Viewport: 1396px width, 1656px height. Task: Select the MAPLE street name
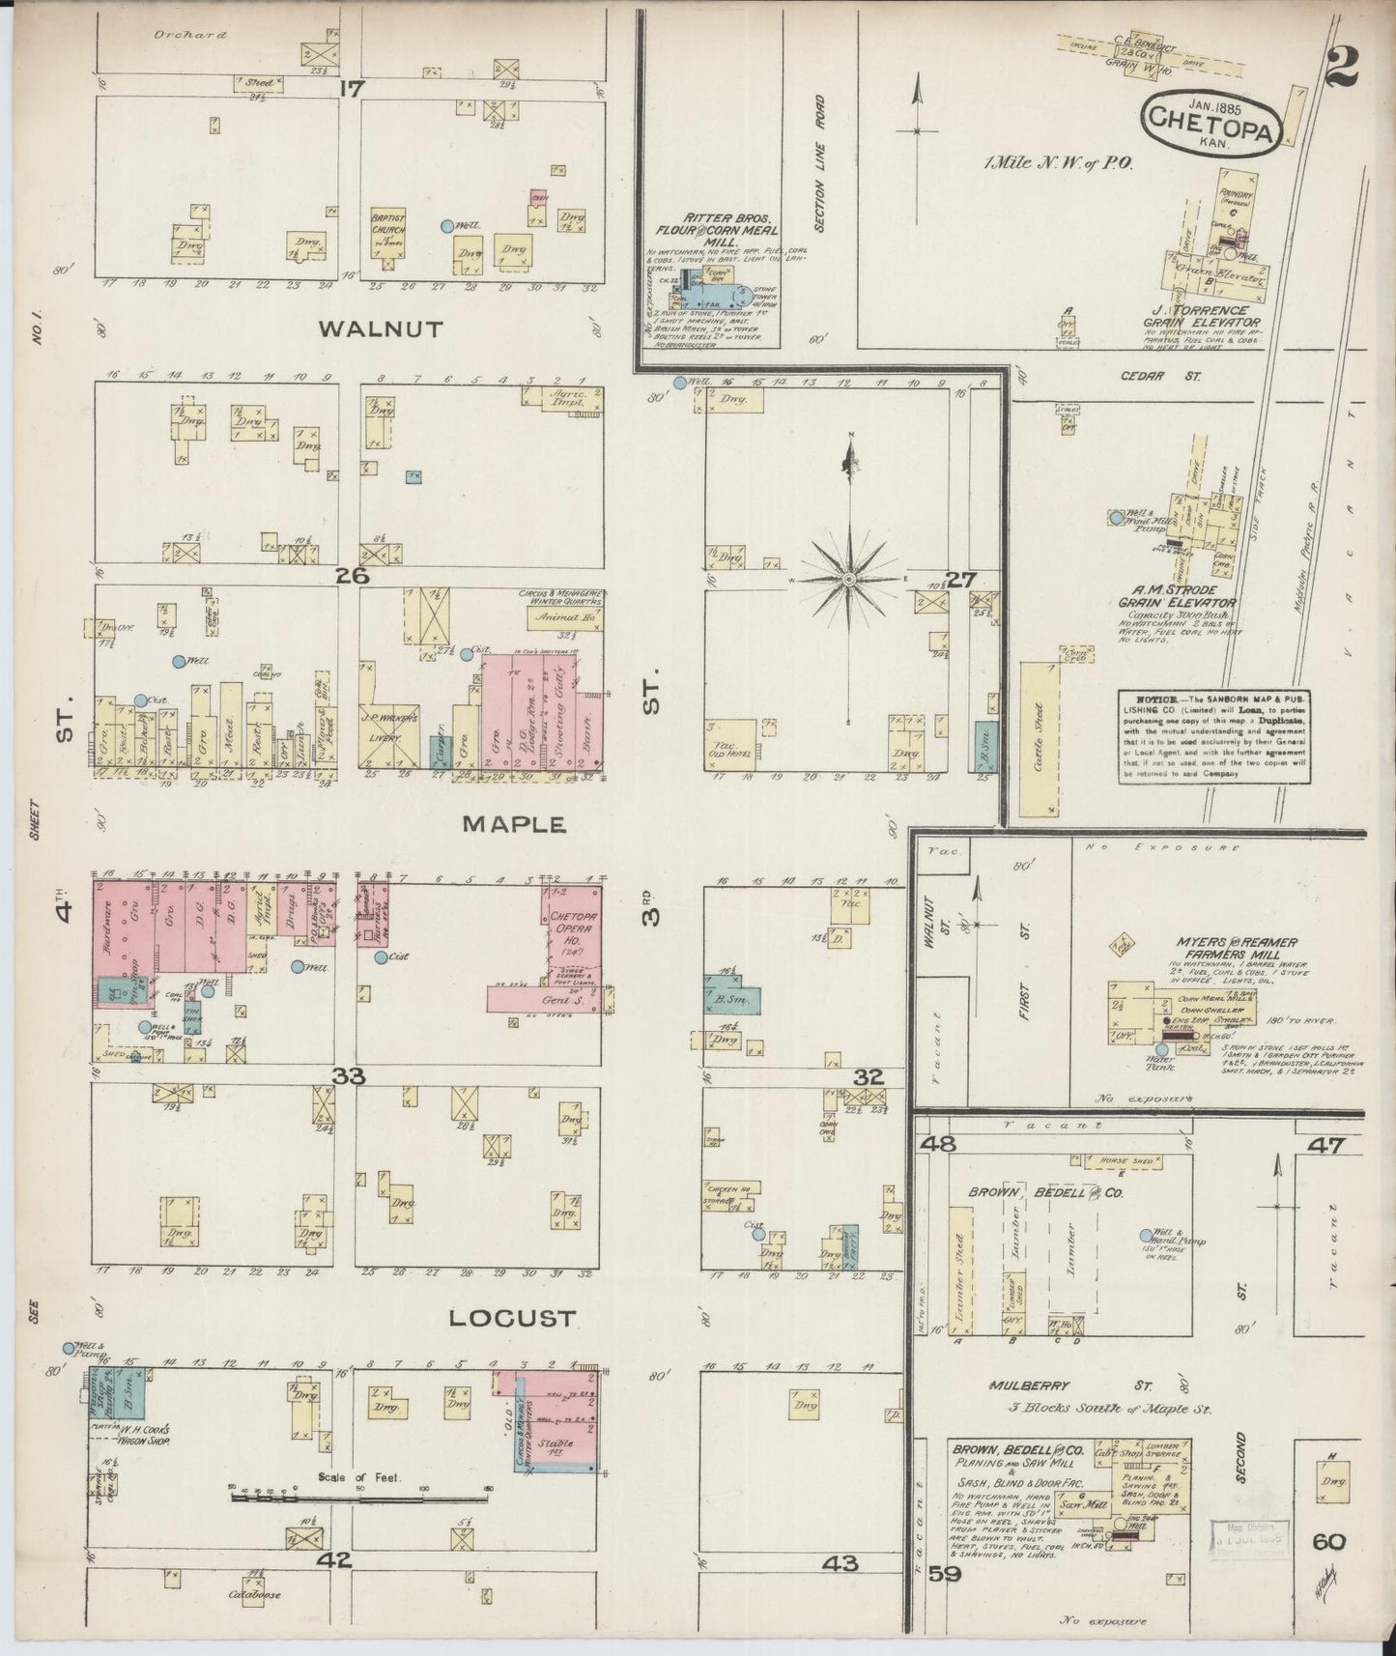513,824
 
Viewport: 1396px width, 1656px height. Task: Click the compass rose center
848,579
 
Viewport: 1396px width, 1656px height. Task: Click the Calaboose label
254,1594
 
